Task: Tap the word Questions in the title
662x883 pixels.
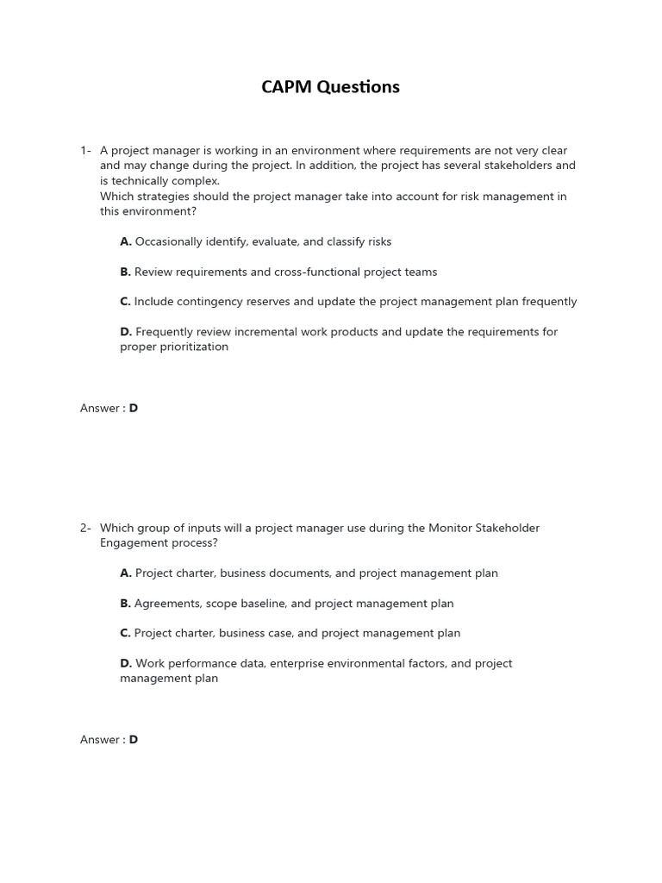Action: [359, 87]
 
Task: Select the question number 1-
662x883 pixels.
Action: [86, 151]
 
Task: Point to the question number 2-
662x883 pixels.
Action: [86, 528]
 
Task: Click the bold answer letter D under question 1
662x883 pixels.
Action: [134, 409]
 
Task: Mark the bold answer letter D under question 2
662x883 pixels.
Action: [134, 740]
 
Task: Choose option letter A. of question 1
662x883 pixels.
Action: [126, 242]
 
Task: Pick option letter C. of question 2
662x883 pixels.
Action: [126, 633]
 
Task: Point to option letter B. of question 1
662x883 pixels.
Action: [126, 272]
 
